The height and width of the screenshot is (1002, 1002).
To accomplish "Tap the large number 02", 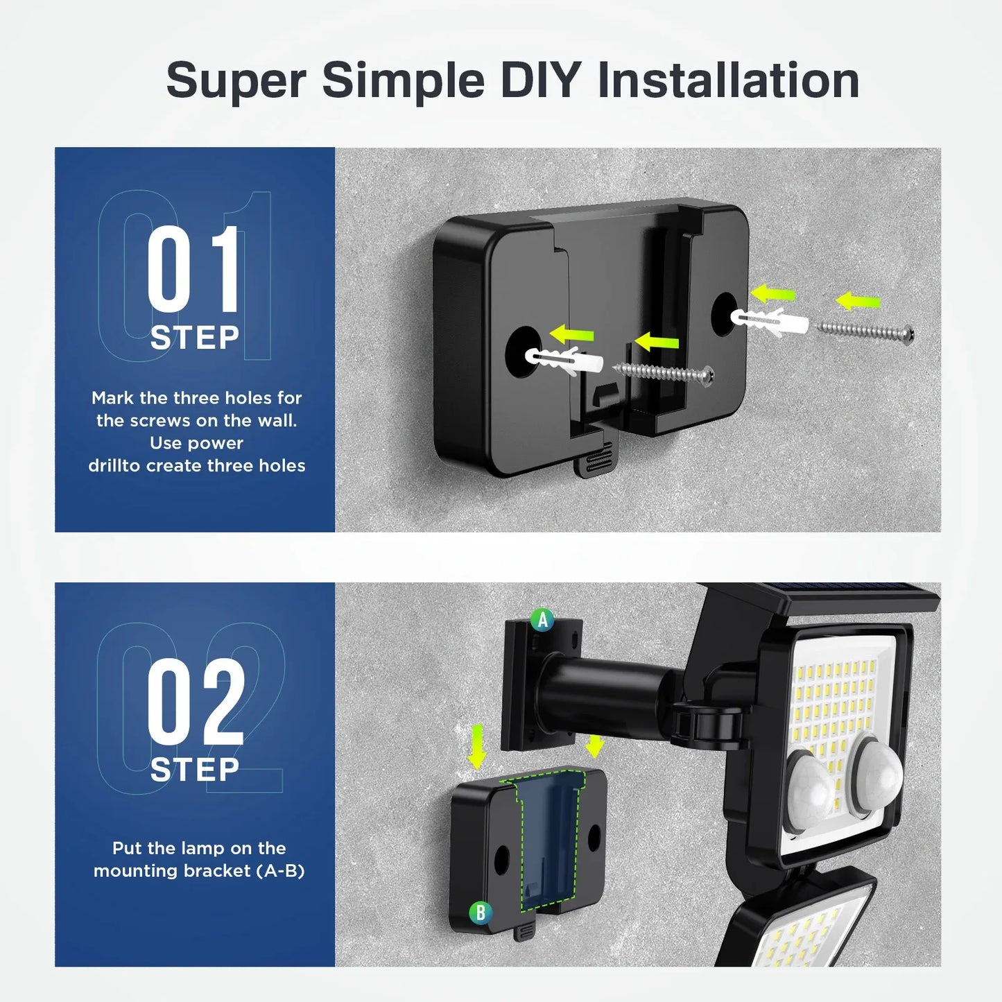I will tap(196, 702).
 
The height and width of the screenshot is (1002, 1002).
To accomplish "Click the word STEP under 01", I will tap(195, 338).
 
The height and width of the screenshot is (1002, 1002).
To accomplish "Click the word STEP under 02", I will tap(195, 770).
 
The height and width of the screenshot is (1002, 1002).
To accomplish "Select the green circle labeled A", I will tap(542, 619).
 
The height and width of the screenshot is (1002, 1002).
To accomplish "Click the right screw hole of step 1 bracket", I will tap(724, 313).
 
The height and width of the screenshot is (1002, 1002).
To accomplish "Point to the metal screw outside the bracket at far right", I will tap(865, 331).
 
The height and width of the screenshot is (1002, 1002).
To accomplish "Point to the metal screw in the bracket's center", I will tap(664, 373).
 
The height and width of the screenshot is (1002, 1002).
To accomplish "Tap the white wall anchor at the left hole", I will tap(564, 361).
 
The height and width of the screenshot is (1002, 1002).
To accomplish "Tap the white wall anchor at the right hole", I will tap(770, 321).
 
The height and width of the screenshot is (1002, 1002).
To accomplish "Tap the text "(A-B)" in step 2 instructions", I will tap(281, 871).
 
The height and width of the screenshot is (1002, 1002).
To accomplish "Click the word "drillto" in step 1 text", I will tap(114, 465).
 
